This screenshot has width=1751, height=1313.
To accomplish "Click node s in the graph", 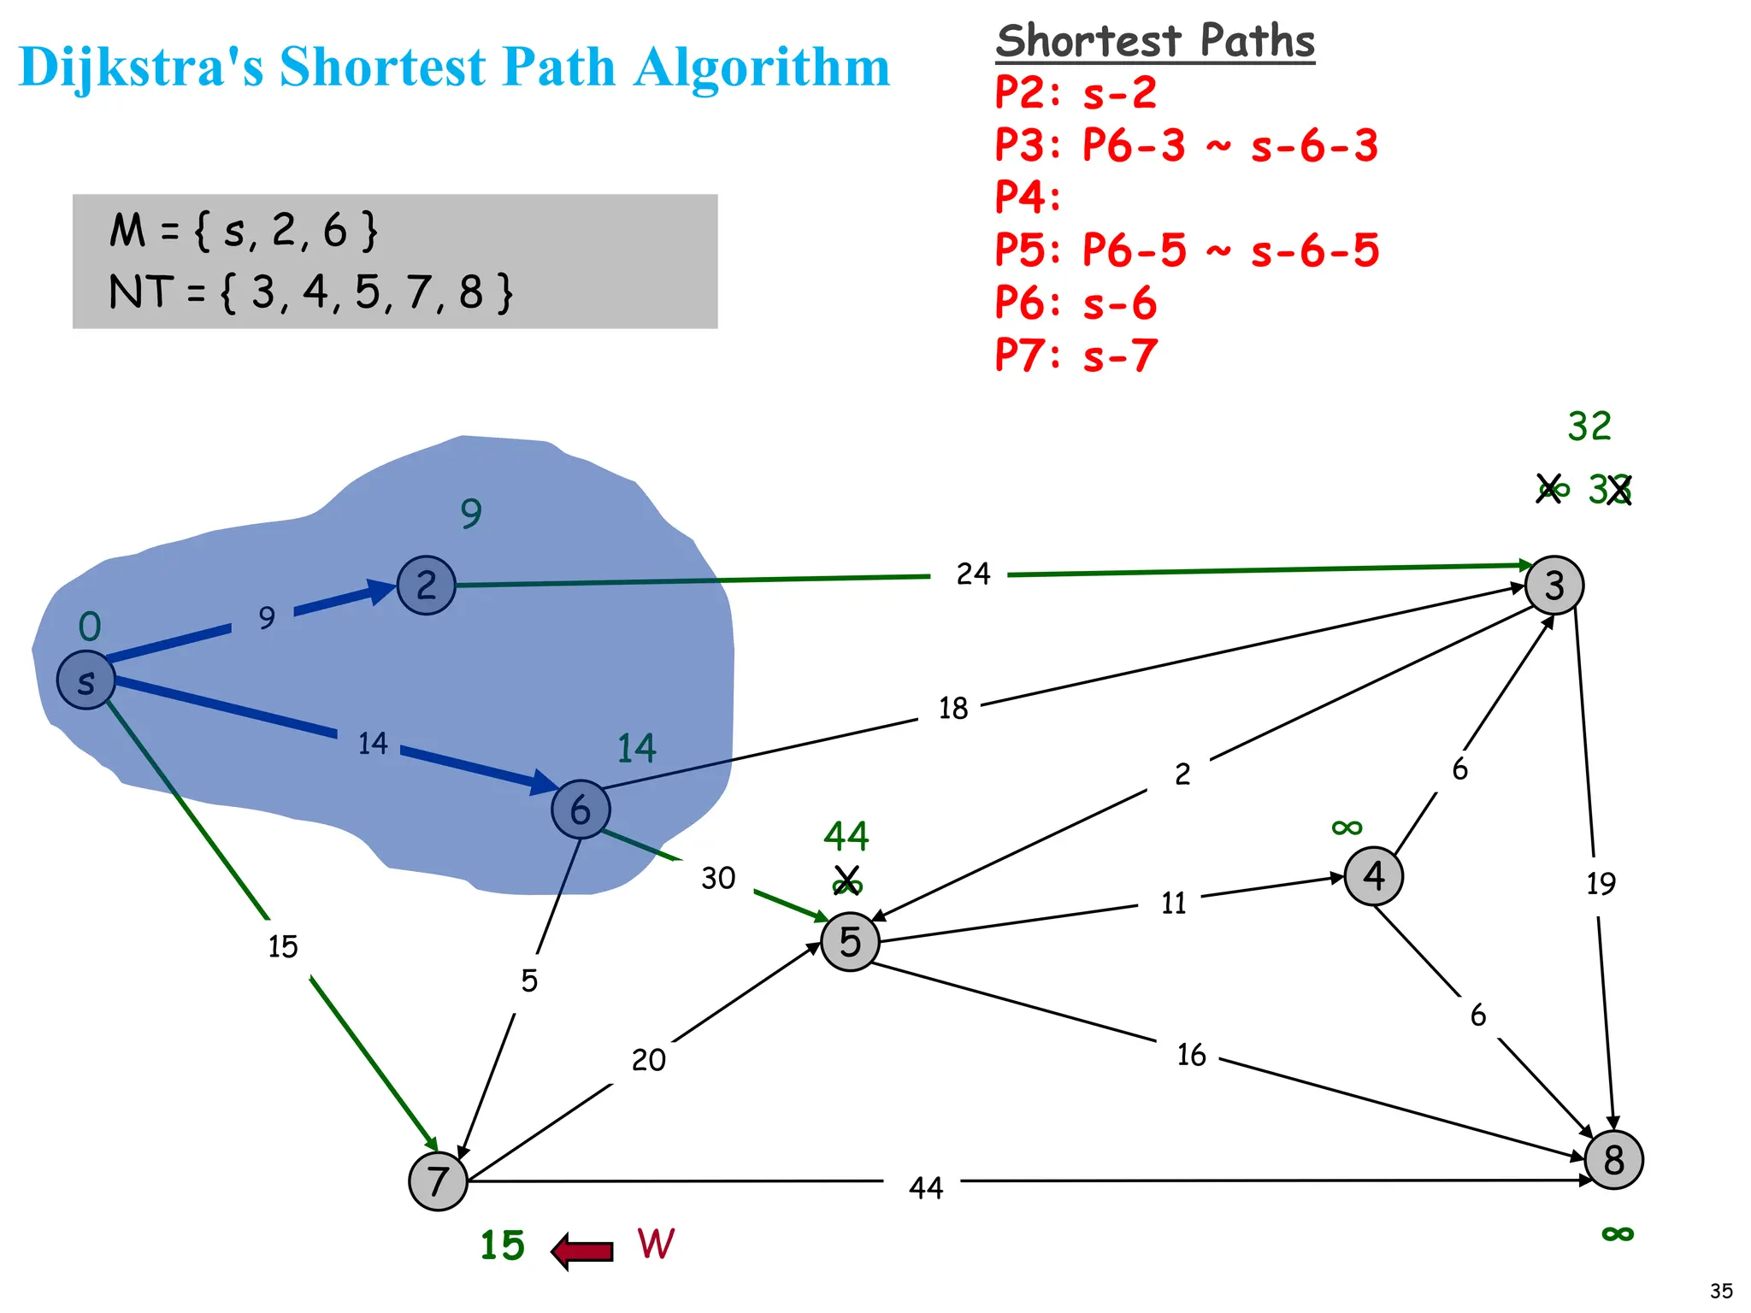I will click(x=85, y=680).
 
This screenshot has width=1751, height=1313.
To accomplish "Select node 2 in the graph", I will click(x=426, y=586).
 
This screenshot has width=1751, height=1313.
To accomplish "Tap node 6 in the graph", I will click(x=581, y=809).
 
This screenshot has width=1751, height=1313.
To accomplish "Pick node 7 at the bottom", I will click(x=438, y=1181).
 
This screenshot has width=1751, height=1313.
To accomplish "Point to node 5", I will click(x=850, y=941).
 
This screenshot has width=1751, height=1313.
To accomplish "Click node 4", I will click(x=1373, y=876).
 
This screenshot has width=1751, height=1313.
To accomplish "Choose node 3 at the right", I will click(x=1554, y=586).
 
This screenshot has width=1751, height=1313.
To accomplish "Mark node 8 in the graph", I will click(x=1613, y=1160).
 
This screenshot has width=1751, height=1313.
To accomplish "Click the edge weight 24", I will click(x=973, y=574).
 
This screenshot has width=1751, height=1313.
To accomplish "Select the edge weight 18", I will click(x=952, y=709).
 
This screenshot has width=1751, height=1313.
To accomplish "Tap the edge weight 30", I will click(x=718, y=878).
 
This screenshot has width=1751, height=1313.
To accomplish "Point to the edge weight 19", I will click(x=1601, y=884).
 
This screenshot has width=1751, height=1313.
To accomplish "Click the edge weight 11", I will click(x=1173, y=904).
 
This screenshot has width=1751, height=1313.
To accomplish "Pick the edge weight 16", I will click(x=1191, y=1055).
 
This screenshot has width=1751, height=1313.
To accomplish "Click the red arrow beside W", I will click(x=583, y=1251).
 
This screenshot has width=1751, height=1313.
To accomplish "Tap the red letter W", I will click(x=656, y=1244).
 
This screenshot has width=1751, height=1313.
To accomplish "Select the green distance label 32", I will click(x=1589, y=426).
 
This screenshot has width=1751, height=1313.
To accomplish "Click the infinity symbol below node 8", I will click(x=1617, y=1234).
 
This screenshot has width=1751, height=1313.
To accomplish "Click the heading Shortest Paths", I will click(x=1155, y=41).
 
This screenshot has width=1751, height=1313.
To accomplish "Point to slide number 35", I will click(x=1721, y=1291).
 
